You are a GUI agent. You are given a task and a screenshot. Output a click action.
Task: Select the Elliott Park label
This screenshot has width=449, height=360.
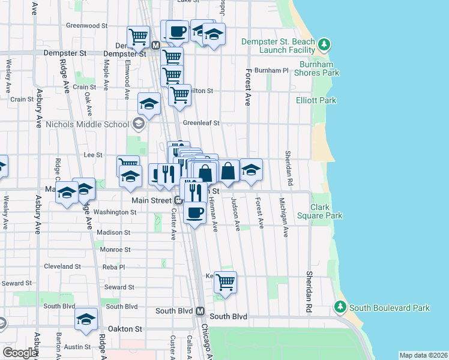point(316,101)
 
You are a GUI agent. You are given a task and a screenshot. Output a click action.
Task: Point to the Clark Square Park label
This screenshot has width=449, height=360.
point(326,211)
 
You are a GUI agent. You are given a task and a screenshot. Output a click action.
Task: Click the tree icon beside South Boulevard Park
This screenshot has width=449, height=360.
point(340,308)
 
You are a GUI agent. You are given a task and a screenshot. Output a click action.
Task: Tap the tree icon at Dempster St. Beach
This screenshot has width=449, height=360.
point(324,44)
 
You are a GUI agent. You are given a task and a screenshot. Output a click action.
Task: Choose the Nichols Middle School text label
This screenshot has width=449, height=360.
point(88,124)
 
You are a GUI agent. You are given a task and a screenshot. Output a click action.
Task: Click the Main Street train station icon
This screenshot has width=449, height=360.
point(179,200)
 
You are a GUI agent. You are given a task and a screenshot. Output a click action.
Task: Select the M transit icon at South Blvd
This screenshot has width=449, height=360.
point(200,311)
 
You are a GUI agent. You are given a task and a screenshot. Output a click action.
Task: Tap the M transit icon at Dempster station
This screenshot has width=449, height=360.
point(155,45)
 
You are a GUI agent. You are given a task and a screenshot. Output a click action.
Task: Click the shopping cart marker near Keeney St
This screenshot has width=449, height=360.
point(225,281)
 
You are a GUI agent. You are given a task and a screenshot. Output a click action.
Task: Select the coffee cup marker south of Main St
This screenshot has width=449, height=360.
point(194,211)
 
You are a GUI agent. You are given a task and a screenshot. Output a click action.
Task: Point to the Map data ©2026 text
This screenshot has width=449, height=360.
point(423,355)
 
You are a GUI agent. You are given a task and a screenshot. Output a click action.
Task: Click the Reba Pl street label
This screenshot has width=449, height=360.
point(113,266)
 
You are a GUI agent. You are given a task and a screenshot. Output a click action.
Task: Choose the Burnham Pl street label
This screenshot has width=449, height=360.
point(271,70)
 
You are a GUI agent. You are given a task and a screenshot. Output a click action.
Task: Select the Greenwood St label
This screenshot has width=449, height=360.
point(86,26)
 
